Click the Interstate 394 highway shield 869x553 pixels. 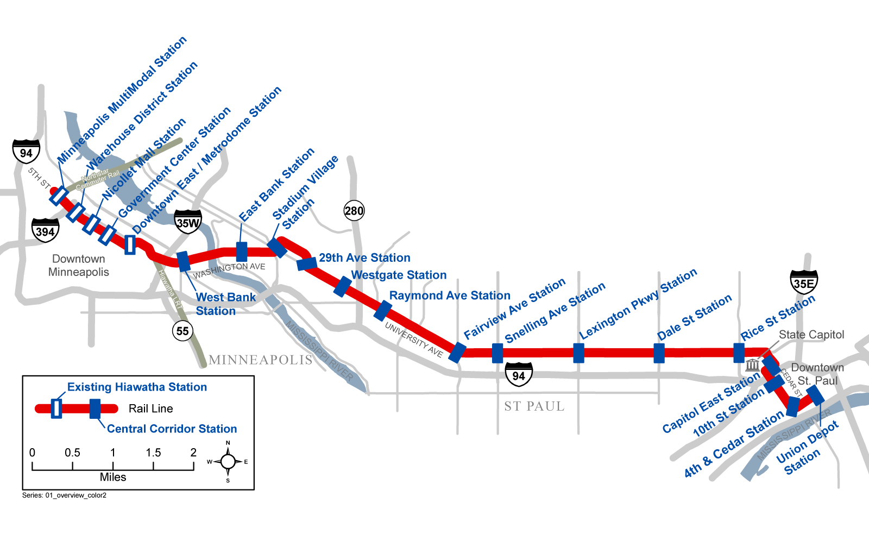[x=45, y=231]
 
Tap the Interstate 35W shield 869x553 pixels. [x=188, y=222]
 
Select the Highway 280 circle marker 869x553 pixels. [x=354, y=211]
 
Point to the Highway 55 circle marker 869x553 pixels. [x=182, y=331]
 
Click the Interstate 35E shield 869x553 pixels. [x=804, y=282]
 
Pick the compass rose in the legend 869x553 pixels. [x=228, y=462]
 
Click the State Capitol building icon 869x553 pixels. [x=752, y=365]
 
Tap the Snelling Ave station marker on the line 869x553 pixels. [x=498, y=353]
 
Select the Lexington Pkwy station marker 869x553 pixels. [x=578, y=353]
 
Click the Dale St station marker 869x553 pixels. [x=659, y=353]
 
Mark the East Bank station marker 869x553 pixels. [x=242, y=252]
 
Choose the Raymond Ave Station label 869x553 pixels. [x=450, y=296]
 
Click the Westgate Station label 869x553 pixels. [x=399, y=275]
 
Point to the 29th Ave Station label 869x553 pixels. [x=364, y=257]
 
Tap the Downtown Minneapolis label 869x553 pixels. [x=79, y=265]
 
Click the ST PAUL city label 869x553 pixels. [x=534, y=406]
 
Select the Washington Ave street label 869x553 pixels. [x=230, y=269]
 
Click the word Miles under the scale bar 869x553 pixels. [x=113, y=477]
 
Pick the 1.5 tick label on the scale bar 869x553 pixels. [x=153, y=453]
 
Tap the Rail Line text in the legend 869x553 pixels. [x=150, y=409]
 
